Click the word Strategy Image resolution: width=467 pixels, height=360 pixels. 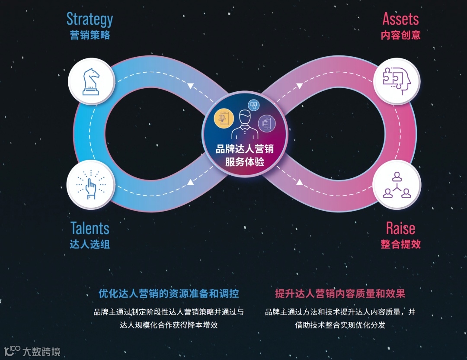[90, 19]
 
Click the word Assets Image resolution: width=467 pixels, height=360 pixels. [400, 19]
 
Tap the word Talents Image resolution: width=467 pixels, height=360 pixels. [90, 228]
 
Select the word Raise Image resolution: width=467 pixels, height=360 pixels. [400, 228]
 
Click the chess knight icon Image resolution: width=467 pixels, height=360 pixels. [91, 81]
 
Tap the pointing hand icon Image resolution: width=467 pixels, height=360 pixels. [90, 185]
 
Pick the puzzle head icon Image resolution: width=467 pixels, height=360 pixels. [397, 81]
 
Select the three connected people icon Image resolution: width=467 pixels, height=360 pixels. [397, 185]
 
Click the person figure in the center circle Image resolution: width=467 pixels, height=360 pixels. [245, 124]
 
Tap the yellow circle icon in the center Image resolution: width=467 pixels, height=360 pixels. [224, 118]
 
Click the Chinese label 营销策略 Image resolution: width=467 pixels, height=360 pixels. [90, 35]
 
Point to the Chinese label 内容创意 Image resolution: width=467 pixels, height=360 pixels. [400, 35]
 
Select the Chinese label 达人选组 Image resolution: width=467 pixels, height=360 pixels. [90, 244]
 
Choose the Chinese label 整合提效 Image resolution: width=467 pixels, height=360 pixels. [400, 244]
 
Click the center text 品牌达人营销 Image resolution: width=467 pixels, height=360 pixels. [245, 150]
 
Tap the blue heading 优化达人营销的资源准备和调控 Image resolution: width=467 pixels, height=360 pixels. [169, 294]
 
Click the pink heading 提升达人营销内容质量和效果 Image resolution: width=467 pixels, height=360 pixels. [340, 294]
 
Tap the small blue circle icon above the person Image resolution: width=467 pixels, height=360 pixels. [253, 105]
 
